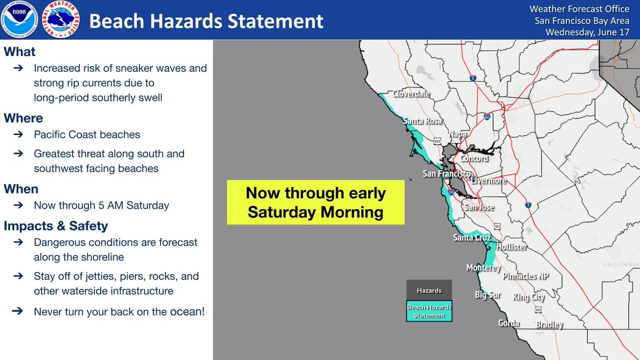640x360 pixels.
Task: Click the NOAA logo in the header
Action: coord(19,19)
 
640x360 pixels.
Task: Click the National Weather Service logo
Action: coord(61,19)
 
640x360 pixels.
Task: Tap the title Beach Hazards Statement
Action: coord(206,21)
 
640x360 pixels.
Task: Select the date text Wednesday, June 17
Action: coord(587,32)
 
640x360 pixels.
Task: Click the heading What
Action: coord(19,52)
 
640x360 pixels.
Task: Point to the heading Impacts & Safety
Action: coord(55,226)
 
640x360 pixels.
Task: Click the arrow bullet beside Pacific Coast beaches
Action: coord(18,134)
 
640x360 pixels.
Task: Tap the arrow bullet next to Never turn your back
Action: coord(18,311)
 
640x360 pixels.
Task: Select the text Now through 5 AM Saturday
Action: coord(101,205)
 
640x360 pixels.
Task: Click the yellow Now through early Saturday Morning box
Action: coord(315,202)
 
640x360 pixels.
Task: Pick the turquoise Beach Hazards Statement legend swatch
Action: coord(429,311)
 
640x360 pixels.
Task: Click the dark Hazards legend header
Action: coord(429,290)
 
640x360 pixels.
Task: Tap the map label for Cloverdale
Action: coord(411,93)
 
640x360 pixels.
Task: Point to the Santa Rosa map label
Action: coord(422,121)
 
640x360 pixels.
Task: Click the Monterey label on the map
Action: coord(483,268)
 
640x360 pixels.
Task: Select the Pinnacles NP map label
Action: coord(526,276)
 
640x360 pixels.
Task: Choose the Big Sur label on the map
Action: coord(487,295)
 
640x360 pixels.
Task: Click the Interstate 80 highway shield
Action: coord(487,117)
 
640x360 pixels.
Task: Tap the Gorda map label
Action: coord(509,323)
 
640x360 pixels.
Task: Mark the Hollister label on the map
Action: coord(512,247)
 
